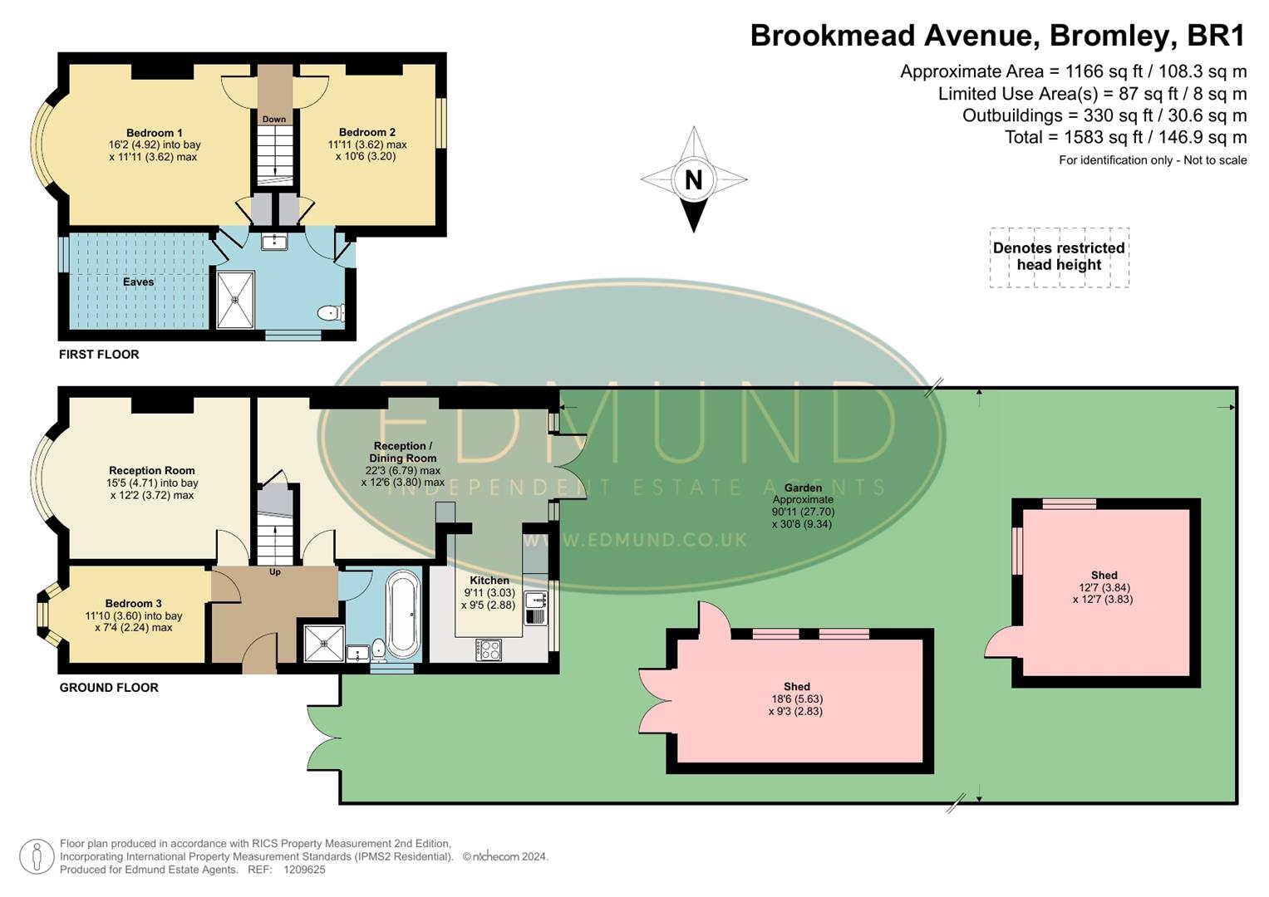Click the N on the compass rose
[693, 179]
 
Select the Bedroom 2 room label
[366, 132]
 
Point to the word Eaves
[138, 282]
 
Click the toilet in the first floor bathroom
[330, 313]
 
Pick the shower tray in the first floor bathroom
[235, 300]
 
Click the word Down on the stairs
[274, 120]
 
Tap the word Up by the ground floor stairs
[275, 571]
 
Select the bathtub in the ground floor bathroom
[405, 614]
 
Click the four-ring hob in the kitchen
[489, 649]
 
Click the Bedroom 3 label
[133, 604]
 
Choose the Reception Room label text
[152, 471]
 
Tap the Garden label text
[803, 488]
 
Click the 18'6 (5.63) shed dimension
[796, 699]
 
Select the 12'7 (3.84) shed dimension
[1104, 587]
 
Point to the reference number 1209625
[304, 870]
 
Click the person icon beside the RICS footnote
[37, 856]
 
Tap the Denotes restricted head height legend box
[1059, 257]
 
